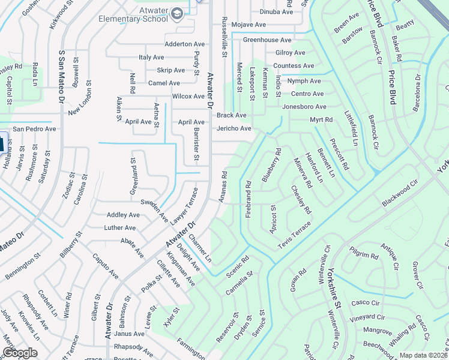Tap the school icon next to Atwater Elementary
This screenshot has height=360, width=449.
(x=177, y=13)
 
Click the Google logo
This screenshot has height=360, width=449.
(x=20, y=353)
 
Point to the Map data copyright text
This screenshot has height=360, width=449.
(x=424, y=355)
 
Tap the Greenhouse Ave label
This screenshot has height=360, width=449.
(x=267, y=40)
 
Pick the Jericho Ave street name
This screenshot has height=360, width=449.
(x=234, y=128)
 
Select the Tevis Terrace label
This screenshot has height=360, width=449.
(x=294, y=236)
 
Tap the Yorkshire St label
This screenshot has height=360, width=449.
(x=334, y=293)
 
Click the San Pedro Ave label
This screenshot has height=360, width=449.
(x=35, y=129)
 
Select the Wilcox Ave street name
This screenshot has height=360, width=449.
(x=188, y=96)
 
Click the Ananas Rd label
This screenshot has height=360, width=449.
(x=224, y=187)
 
